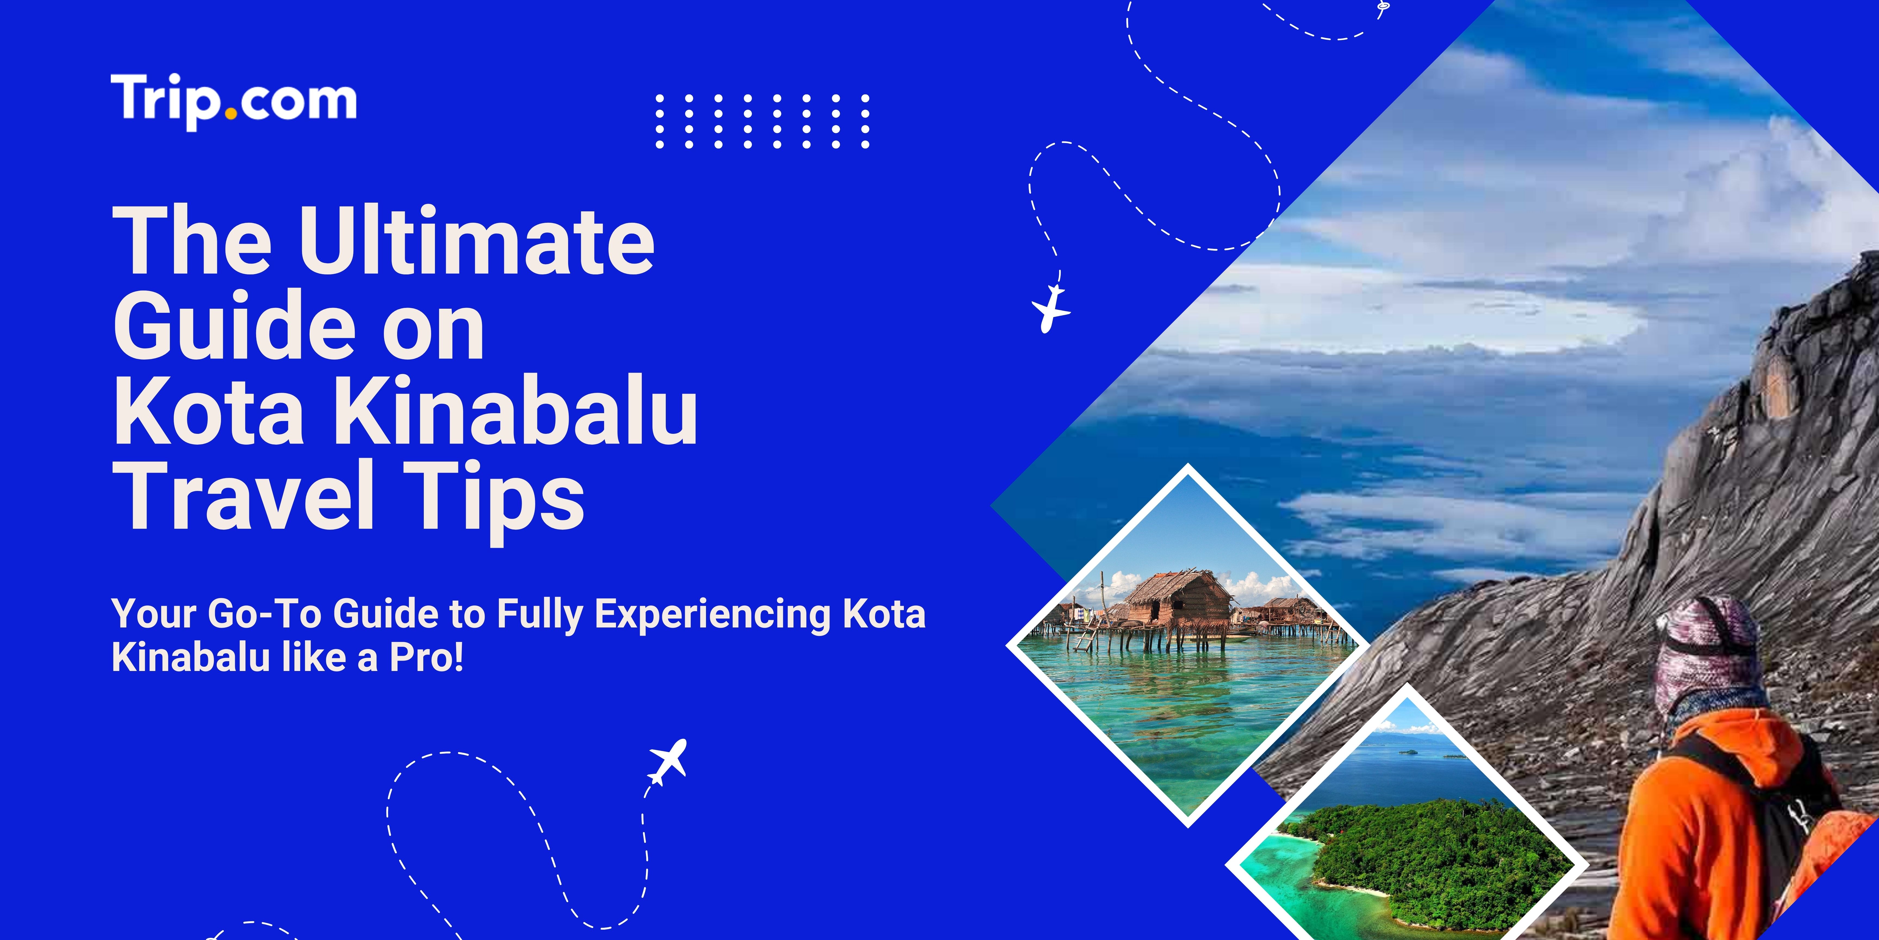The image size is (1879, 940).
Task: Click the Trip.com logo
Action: click(234, 101)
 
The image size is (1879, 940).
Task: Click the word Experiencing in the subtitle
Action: click(713, 614)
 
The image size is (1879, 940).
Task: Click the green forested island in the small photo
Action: click(1430, 854)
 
